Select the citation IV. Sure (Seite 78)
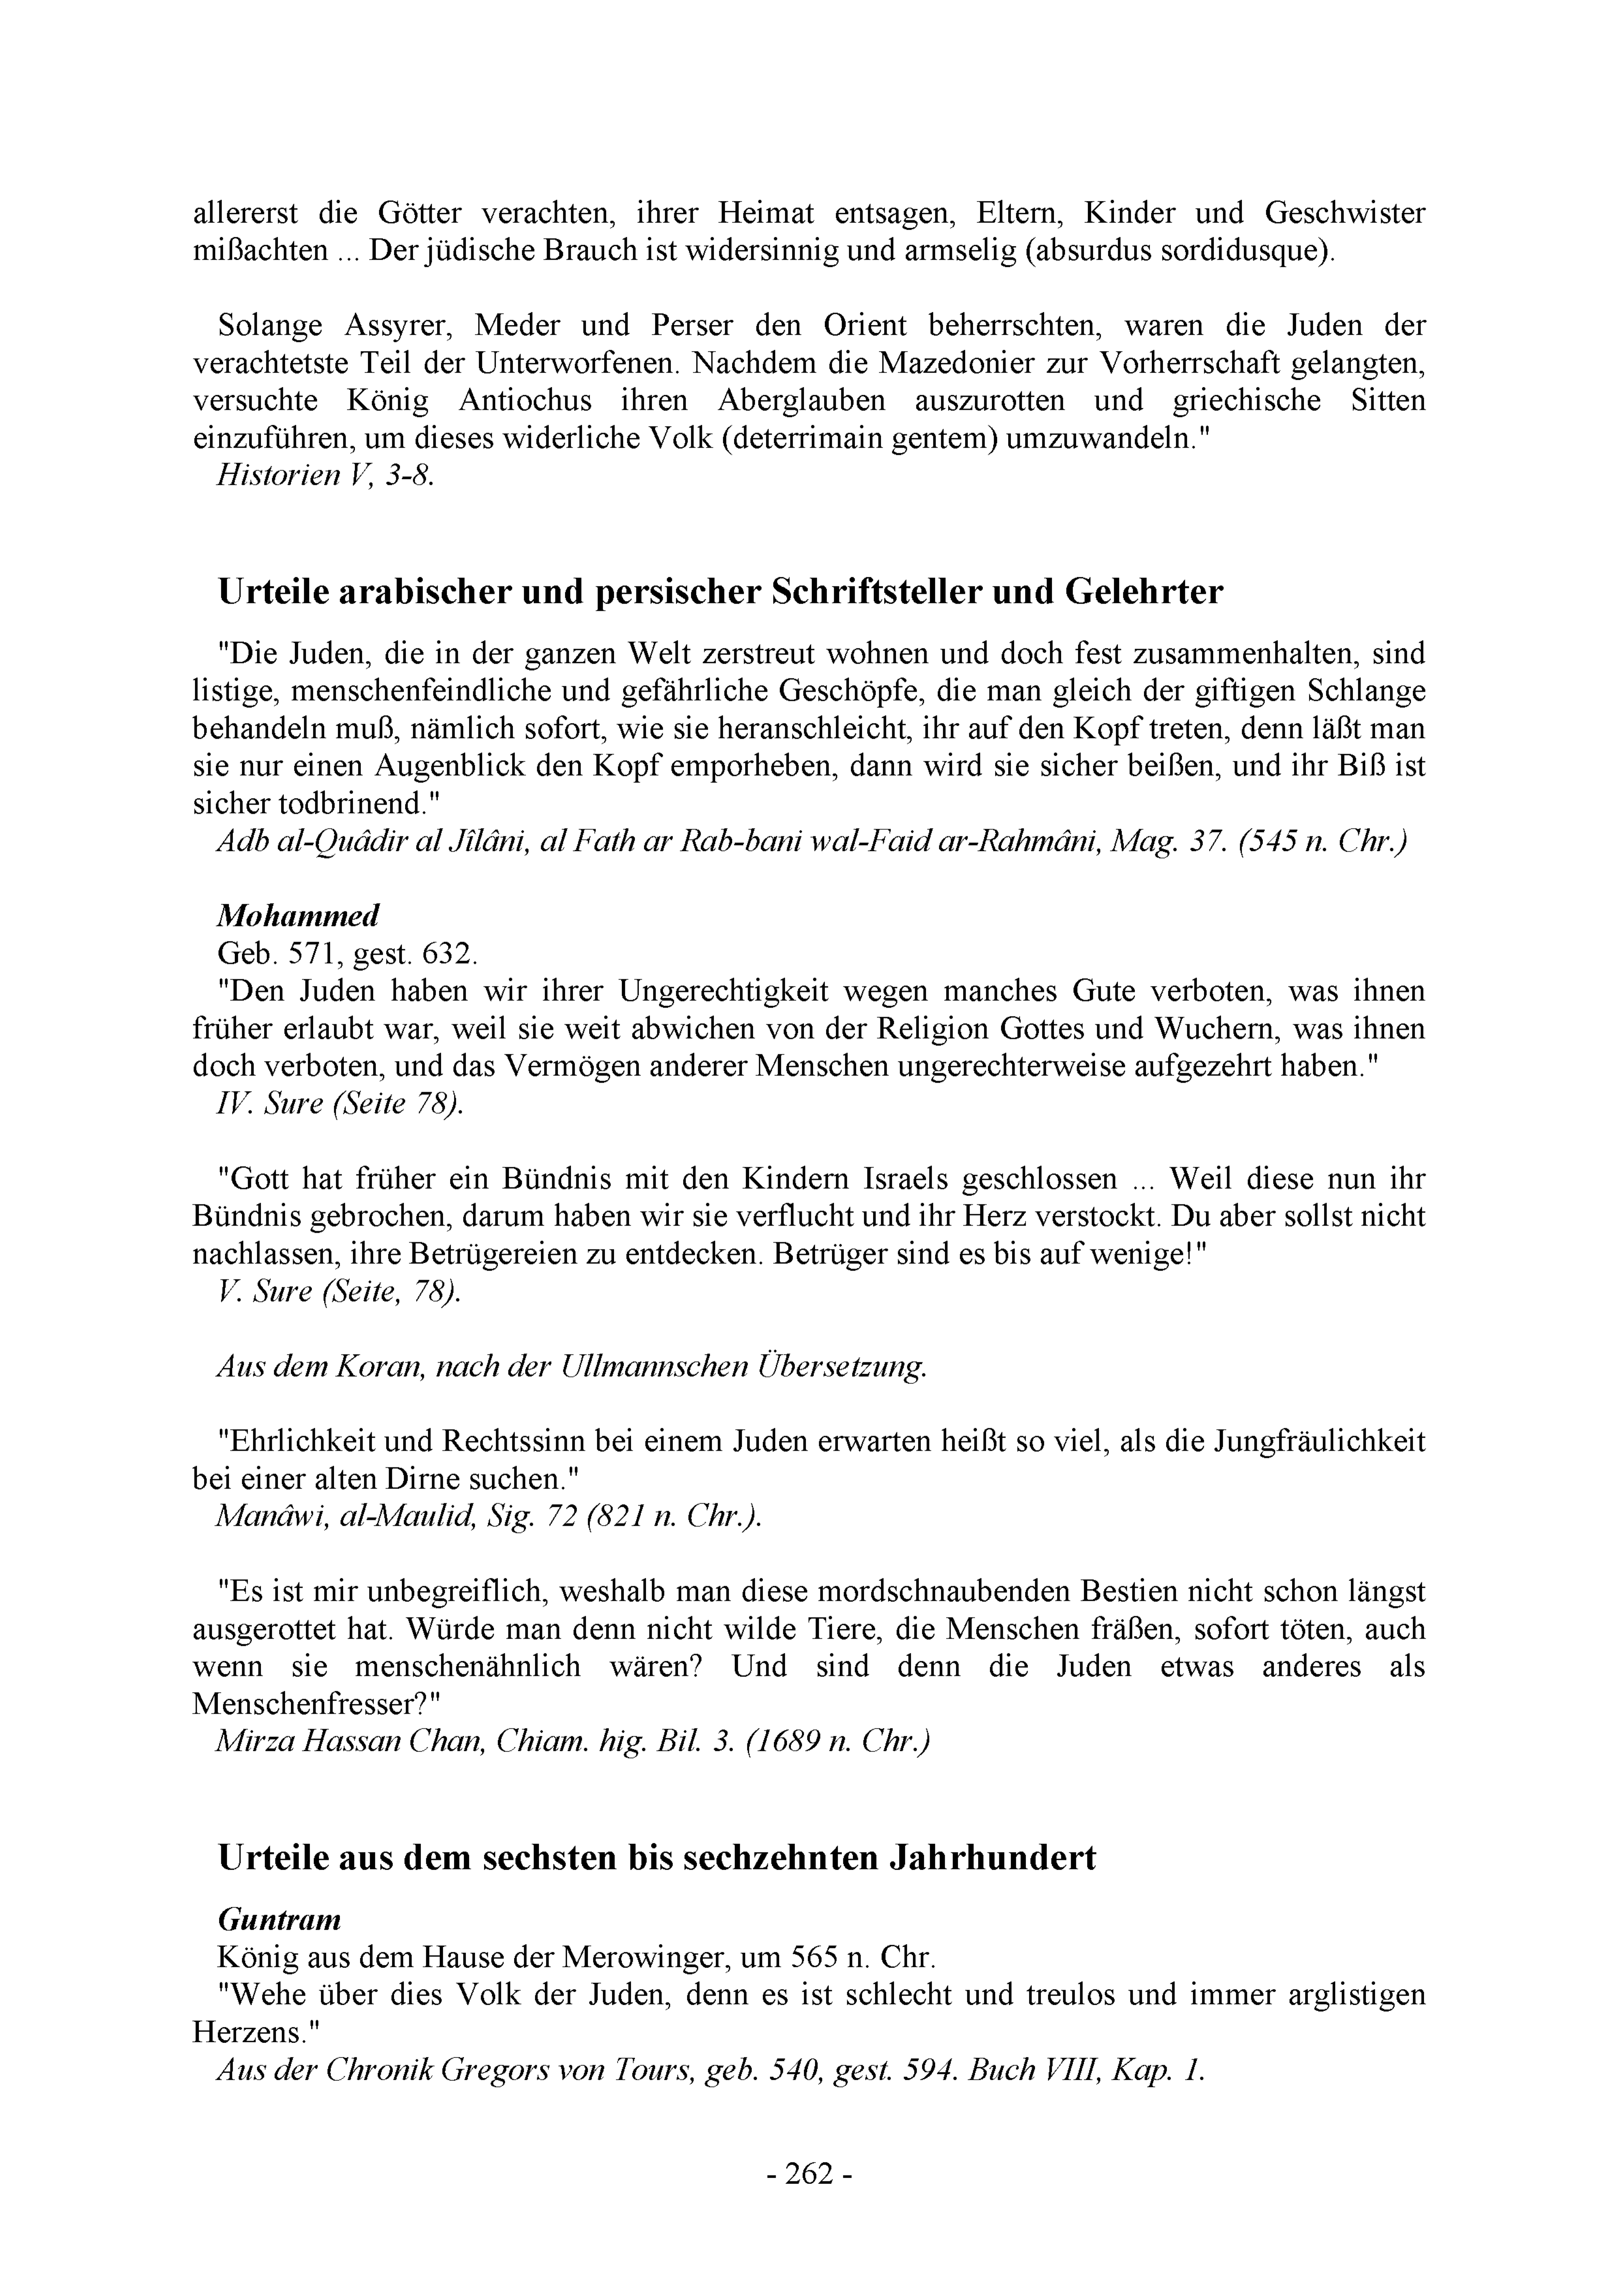click(x=340, y=1104)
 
